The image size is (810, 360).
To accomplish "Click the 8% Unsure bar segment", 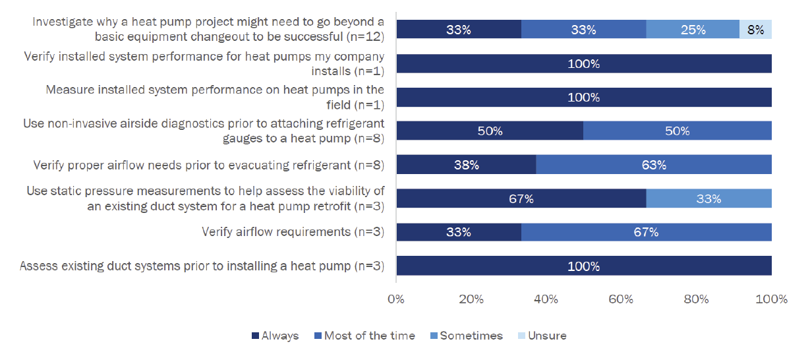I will (x=755, y=30).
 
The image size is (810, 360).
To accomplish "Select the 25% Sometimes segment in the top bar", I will (x=693, y=30).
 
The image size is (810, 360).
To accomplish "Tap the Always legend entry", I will (x=275, y=336).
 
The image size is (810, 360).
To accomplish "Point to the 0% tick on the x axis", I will (x=395, y=299).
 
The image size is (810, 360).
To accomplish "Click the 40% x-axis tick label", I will (x=546, y=299).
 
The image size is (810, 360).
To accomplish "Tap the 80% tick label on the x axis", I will (x=696, y=299).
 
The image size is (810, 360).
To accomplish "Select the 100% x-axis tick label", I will (x=770, y=299).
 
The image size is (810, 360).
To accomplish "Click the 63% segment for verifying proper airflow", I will (x=653, y=165).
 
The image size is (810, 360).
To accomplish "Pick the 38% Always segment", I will (x=466, y=165).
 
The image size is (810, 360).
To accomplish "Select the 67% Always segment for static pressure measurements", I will (x=521, y=198).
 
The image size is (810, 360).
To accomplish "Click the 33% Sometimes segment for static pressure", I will (x=709, y=198).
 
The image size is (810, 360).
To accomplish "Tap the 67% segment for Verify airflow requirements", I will (x=646, y=232).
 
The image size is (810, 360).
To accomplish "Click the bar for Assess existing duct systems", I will (x=583, y=266).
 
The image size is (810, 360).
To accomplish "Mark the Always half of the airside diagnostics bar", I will (x=489, y=131).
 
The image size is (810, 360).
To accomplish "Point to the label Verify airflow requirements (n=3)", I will (x=293, y=231).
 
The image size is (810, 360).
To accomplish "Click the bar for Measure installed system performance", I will (x=583, y=98).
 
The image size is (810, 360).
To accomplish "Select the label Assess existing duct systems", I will (x=202, y=266).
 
